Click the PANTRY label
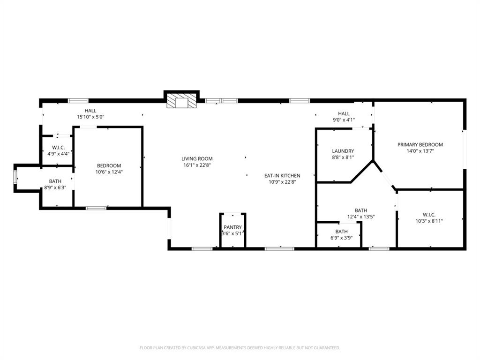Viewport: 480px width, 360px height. click(x=232, y=227)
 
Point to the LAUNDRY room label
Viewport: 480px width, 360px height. click(x=343, y=151)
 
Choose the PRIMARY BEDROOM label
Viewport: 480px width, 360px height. click(x=420, y=145)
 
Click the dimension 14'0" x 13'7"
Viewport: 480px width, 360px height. click(x=420, y=151)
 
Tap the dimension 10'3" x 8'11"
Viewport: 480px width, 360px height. click(x=429, y=221)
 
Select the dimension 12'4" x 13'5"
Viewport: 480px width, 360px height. click(x=360, y=217)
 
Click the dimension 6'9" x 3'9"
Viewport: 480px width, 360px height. click(x=341, y=238)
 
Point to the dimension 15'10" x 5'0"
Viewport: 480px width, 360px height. click(x=90, y=117)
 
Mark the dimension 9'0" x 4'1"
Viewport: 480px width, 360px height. click(x=344, y=120)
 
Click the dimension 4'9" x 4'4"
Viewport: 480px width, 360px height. click(x=58, y=153)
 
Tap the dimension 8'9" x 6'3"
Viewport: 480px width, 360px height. click(x=55, y=187)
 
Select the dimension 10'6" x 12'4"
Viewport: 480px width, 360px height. click(x=109, y=172)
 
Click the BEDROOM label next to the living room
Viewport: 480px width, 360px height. click(x=109, y=165)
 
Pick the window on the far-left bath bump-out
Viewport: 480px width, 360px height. click(x=15, y=178)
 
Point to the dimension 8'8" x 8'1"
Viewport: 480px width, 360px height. click(x=343, y=157)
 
